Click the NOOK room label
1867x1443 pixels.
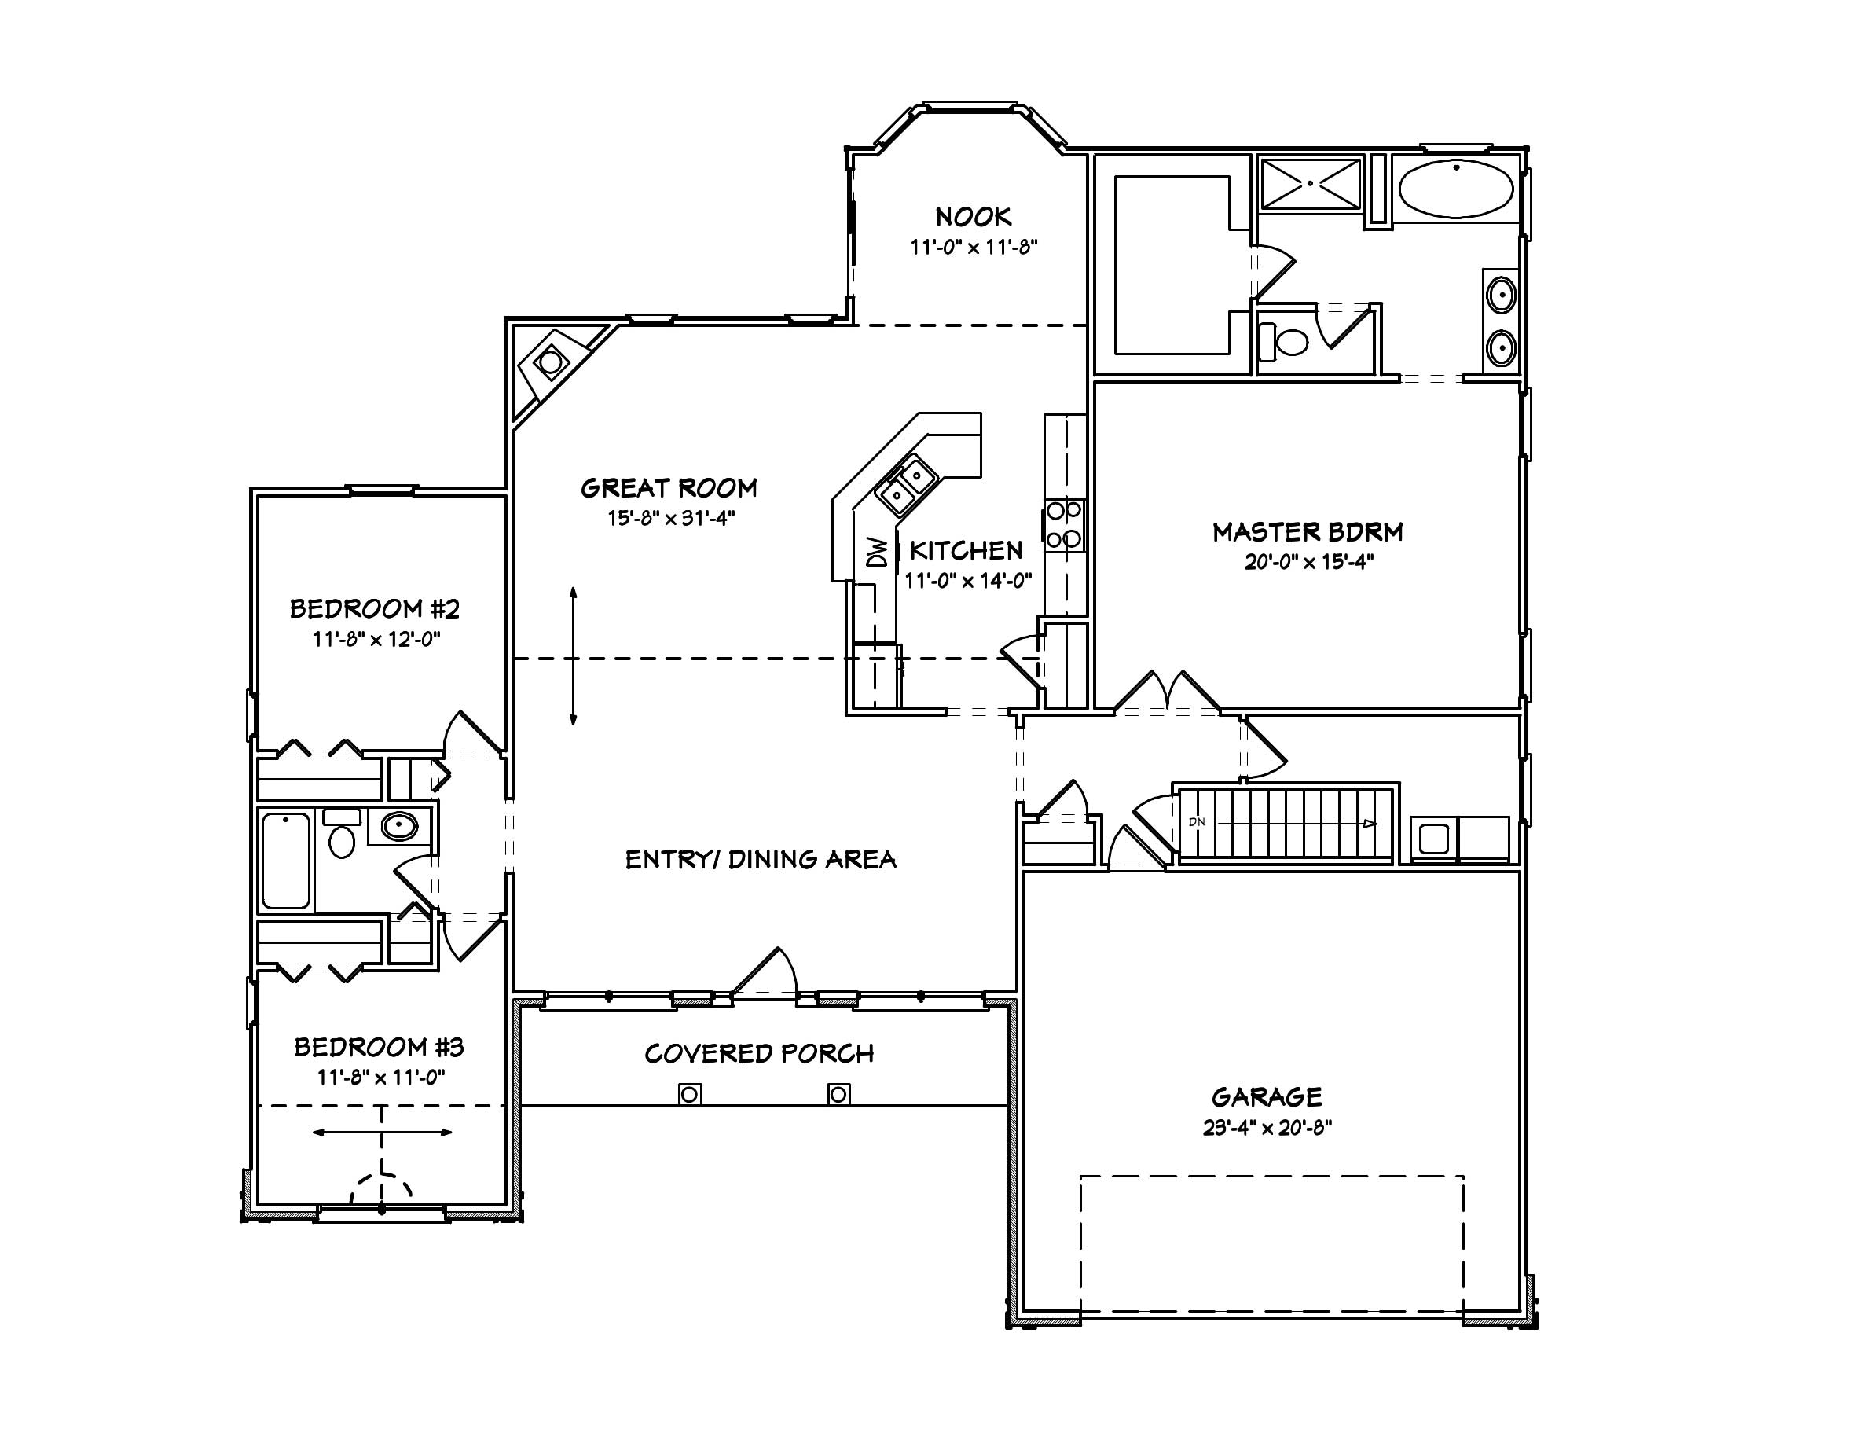[x=973, y=216]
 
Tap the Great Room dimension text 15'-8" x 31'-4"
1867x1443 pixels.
[x=671, y=518]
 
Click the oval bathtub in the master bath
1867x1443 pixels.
[x=1456, y=189]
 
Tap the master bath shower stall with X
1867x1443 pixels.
[x=1310, y=184]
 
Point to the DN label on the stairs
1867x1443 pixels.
[x=1196, y=822]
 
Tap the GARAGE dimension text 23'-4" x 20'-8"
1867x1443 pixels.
[x=1267, y=1128]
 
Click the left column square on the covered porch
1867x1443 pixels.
[x=690, y=1094]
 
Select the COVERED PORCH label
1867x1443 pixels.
[x=759, y=1053]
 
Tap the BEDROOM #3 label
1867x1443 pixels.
[x=379, y=1047]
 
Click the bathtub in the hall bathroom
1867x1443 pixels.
[x=285, y=861]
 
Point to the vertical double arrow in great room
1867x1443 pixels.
[x=573, y=655]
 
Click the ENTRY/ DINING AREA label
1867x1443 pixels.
[x=760, y=859]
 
